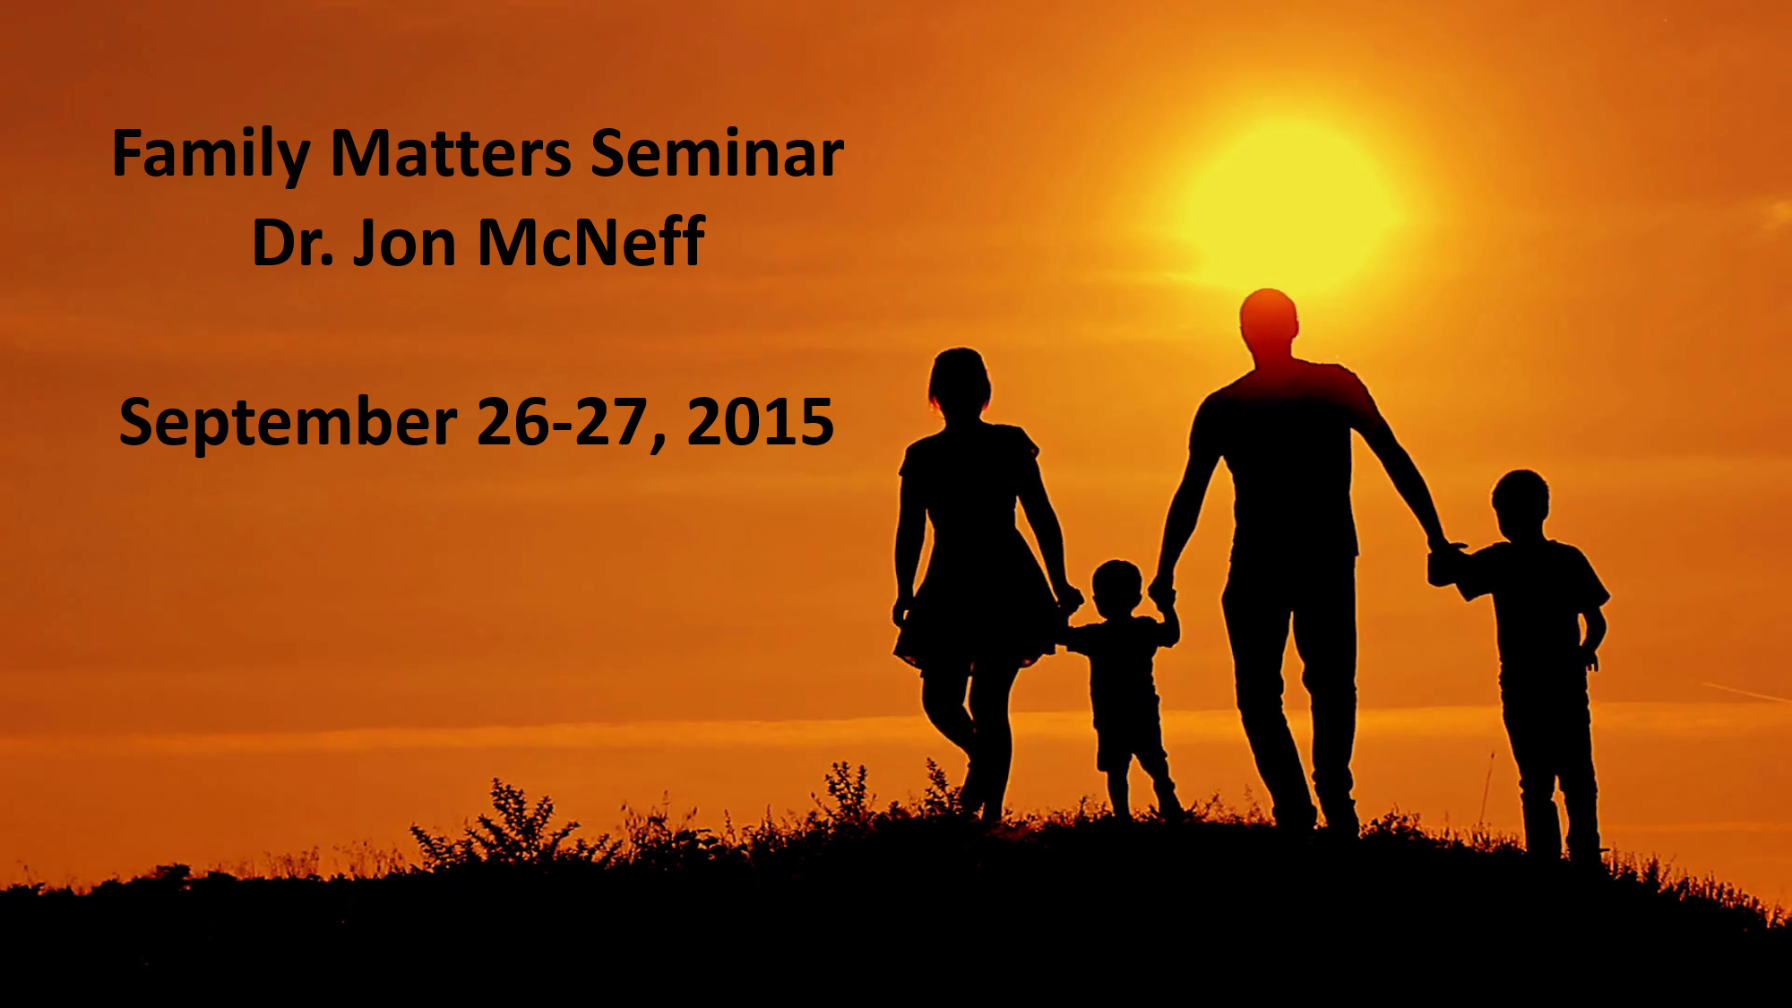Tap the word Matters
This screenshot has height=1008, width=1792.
pyautogui.click(x=451, y=153)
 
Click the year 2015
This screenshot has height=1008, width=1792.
pyautogui.click(x=760, y=422)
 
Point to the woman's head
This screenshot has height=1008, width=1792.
pyautogui.click(x=960, y=382)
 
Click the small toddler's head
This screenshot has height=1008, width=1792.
pyautogui.click(x=1117, y=589)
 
